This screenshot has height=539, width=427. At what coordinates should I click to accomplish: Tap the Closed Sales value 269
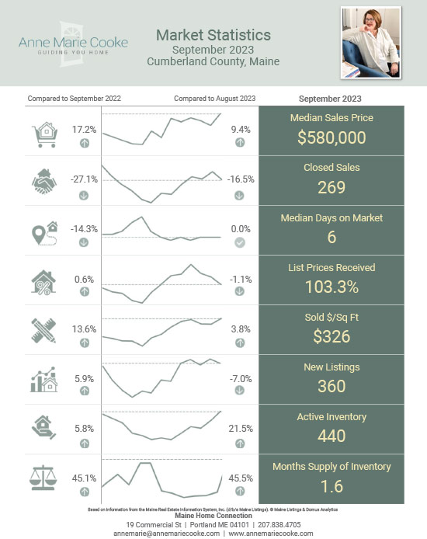click(332, 187)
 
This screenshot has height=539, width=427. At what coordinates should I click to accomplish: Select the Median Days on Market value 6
click(332, 238)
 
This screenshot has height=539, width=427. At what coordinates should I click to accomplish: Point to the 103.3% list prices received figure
click(332, 287)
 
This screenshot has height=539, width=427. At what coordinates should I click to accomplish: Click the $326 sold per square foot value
click(332, 336)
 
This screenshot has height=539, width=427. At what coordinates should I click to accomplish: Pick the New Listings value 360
click(332, 386)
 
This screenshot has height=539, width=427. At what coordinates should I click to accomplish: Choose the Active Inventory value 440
click(332, 436)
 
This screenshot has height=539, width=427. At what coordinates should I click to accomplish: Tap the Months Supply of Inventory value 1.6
click(332, 486)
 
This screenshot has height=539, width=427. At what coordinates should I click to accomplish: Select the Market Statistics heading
click(213, 35)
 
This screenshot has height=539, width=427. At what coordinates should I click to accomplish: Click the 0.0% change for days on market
click(241, 229)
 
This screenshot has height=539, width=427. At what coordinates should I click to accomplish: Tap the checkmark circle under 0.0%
click(240, 242)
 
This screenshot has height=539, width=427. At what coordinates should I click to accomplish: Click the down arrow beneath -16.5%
click(240, 193)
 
